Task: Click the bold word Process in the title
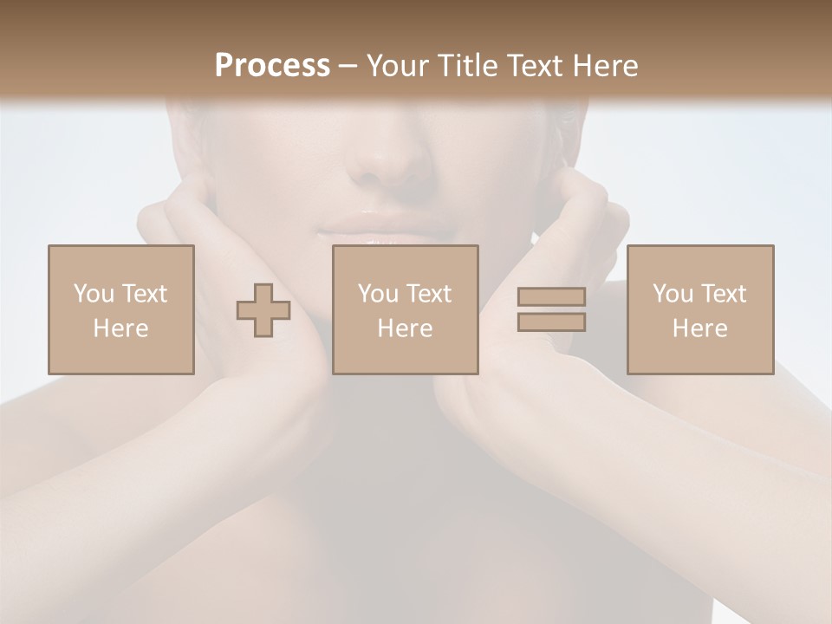tap(272, 66)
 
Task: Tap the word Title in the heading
tap(469, 66)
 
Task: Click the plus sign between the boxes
tap(263, 310)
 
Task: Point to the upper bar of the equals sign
tap(551, 296)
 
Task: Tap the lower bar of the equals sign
tap(551, 322)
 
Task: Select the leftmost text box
tap(121, 309)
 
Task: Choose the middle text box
tap(406, 309)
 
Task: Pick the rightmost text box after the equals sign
tap(700, 309)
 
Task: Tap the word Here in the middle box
tap(406, 328)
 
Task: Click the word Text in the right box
tap(724, 294)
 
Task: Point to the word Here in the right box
tap(700, 328)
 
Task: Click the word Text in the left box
tap(145, 294)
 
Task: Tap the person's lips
tap(387, 227)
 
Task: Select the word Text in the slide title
tap(532, 66)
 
